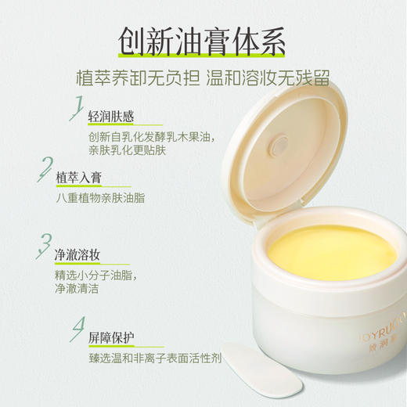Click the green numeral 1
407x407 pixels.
[x=77, y=106]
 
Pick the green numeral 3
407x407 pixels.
[x=46, y=245]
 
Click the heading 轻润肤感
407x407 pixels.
[x=111, y=117]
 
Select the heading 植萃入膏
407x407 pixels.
[x=78, y=178]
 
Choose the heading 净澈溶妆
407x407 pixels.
[x=78, y=256]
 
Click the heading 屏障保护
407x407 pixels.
[x=111, y=338]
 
